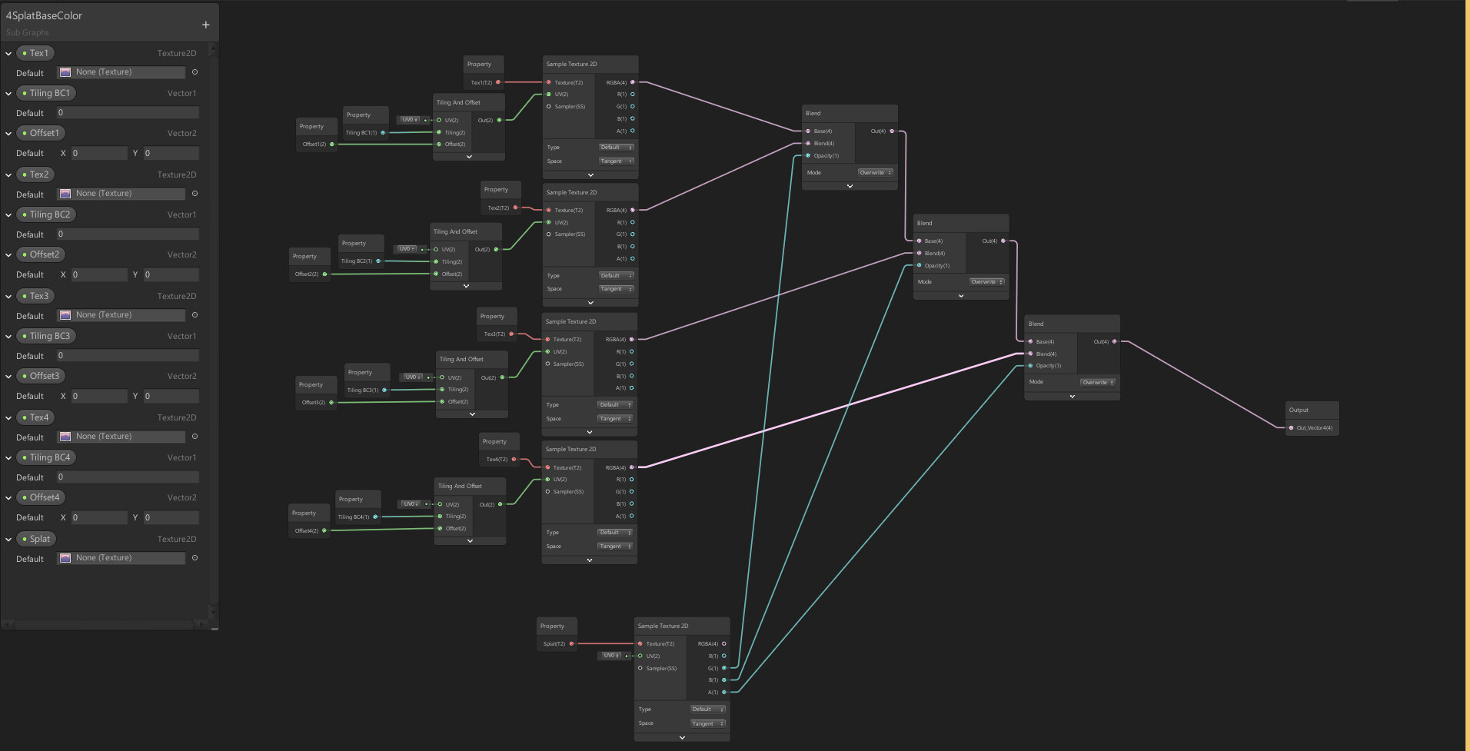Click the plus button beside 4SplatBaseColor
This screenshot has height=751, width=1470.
[205, 25]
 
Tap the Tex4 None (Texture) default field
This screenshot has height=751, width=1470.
[121, 437]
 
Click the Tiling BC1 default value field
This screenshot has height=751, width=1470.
[127, 113]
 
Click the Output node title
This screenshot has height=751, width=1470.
[1299, 410]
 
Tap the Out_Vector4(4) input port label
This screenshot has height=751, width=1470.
[1314, 428]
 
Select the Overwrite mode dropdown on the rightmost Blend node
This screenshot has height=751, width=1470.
[1097, 382]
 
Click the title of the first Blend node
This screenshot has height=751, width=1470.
[813, 113]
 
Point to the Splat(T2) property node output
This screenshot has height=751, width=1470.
[571, 644]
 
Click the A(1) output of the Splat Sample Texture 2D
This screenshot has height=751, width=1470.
[723, 693]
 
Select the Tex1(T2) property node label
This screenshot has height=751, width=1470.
[482, 82]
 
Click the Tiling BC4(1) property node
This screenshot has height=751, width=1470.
[354, 517]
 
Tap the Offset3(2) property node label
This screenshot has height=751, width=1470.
[313, 403]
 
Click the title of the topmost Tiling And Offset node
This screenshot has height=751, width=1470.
[458, 102]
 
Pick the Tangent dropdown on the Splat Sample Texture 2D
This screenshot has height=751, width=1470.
[707, 723]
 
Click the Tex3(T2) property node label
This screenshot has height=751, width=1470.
[494, 334]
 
